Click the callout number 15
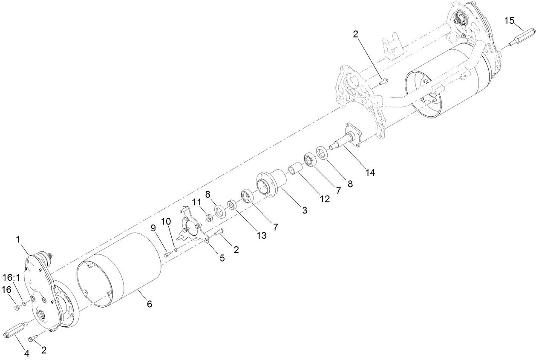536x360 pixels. coord(510,20)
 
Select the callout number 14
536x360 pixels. coord(370,172)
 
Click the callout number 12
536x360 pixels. coord(325,199)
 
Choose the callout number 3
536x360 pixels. coord(304,210)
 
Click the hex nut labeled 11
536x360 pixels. coord(209,218)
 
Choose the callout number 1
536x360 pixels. coord(18,240)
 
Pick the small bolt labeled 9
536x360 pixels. coord(167,255)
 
